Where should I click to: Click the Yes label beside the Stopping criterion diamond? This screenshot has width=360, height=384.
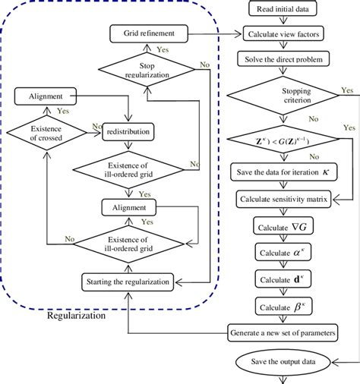[347, 90]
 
